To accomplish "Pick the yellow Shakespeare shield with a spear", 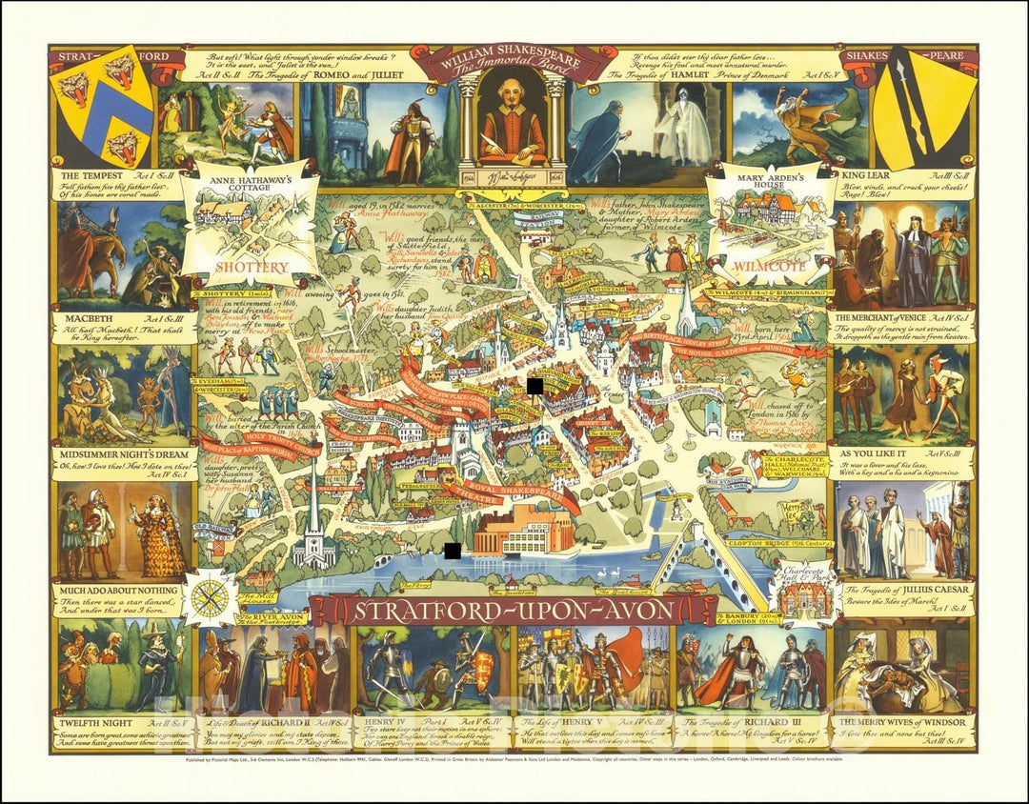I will pos(919,105).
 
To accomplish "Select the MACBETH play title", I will pos(89,316).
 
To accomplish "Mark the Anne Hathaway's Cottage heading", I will pos(252,181).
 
